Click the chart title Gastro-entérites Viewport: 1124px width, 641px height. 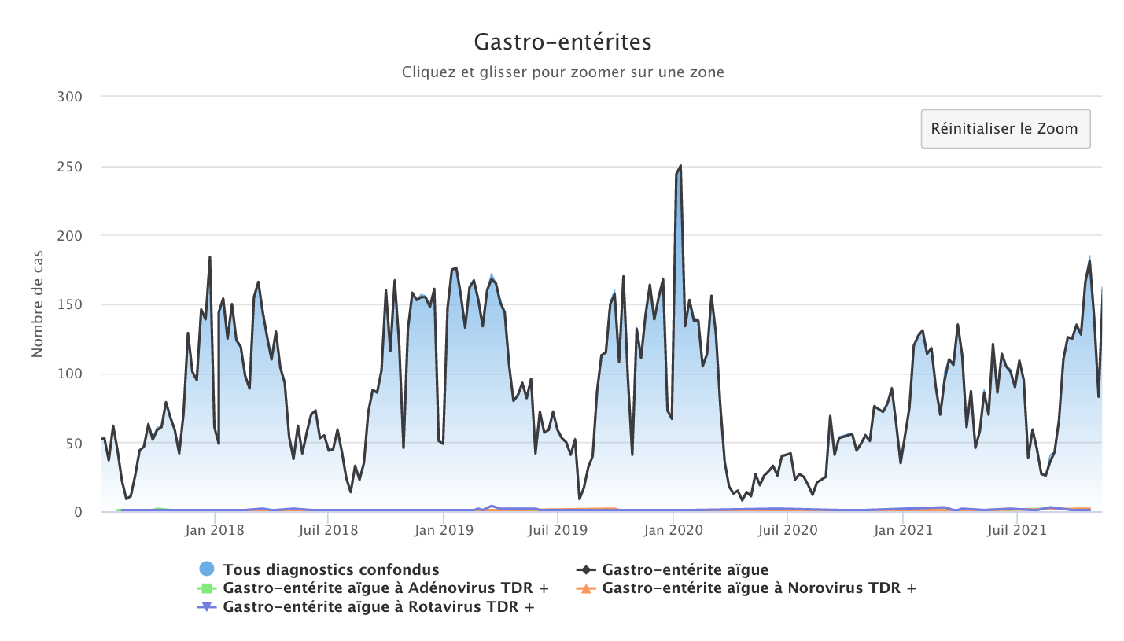tap(562, 41)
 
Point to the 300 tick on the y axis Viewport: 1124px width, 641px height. tap(70, 96)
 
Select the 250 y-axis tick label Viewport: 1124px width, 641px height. tap(70, 166)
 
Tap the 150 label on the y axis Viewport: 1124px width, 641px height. tap(70, 304)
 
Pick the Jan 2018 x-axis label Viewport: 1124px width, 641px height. tap(215, 530)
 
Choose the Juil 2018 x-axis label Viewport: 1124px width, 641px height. tap(328, 530)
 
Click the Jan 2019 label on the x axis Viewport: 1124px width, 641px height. tap(444, 530)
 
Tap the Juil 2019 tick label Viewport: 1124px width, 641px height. tap(558, 530)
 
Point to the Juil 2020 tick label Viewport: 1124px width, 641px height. tap(787, 530)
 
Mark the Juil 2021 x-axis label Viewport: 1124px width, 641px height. tap(1018, 530)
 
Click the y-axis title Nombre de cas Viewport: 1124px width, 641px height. tap(38, 304)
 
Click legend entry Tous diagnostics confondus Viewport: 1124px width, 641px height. tap(330, 569)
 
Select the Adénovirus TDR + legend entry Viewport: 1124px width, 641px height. tap(385, 588)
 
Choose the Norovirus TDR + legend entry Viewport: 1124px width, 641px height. tap(759, 588)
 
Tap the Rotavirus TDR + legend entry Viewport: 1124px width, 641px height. tap(378, 607)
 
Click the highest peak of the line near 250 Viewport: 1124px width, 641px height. tap(680, 166)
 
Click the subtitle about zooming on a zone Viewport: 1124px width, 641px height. tap(562, 72)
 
